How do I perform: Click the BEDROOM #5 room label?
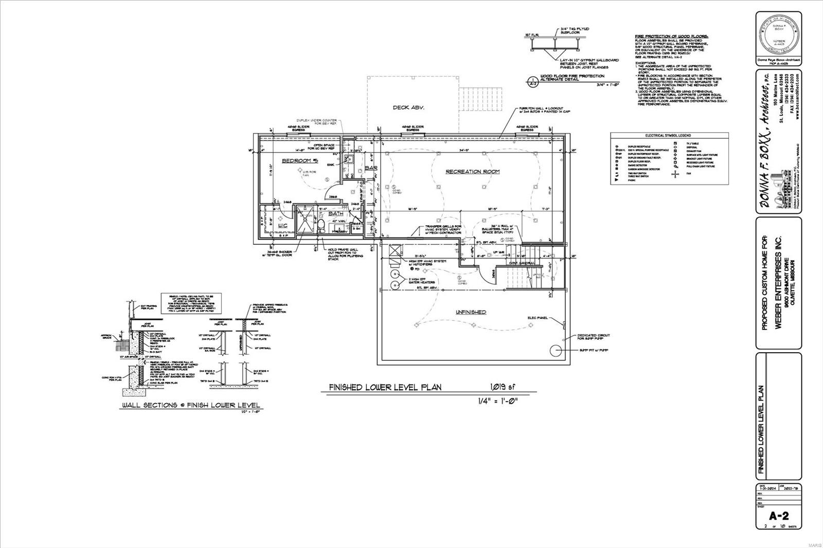[300, 161]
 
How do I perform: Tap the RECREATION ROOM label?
[472, 171]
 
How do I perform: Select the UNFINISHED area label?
[470, 312]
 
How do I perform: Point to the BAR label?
[371, 168]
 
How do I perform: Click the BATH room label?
[335, 213]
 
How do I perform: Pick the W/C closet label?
[282, 225]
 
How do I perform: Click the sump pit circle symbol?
[556, 351]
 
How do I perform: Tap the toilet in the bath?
[320, 225]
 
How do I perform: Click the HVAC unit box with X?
[396, 251]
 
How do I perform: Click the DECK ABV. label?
[408, 107]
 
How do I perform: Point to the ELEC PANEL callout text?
[538, 318]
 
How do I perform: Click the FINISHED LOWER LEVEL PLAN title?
[385, 388]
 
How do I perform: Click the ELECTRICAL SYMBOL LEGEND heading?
[669, 135]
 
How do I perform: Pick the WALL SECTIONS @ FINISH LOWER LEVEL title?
[190, 405]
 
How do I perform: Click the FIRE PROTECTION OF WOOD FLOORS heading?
[671, 36]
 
